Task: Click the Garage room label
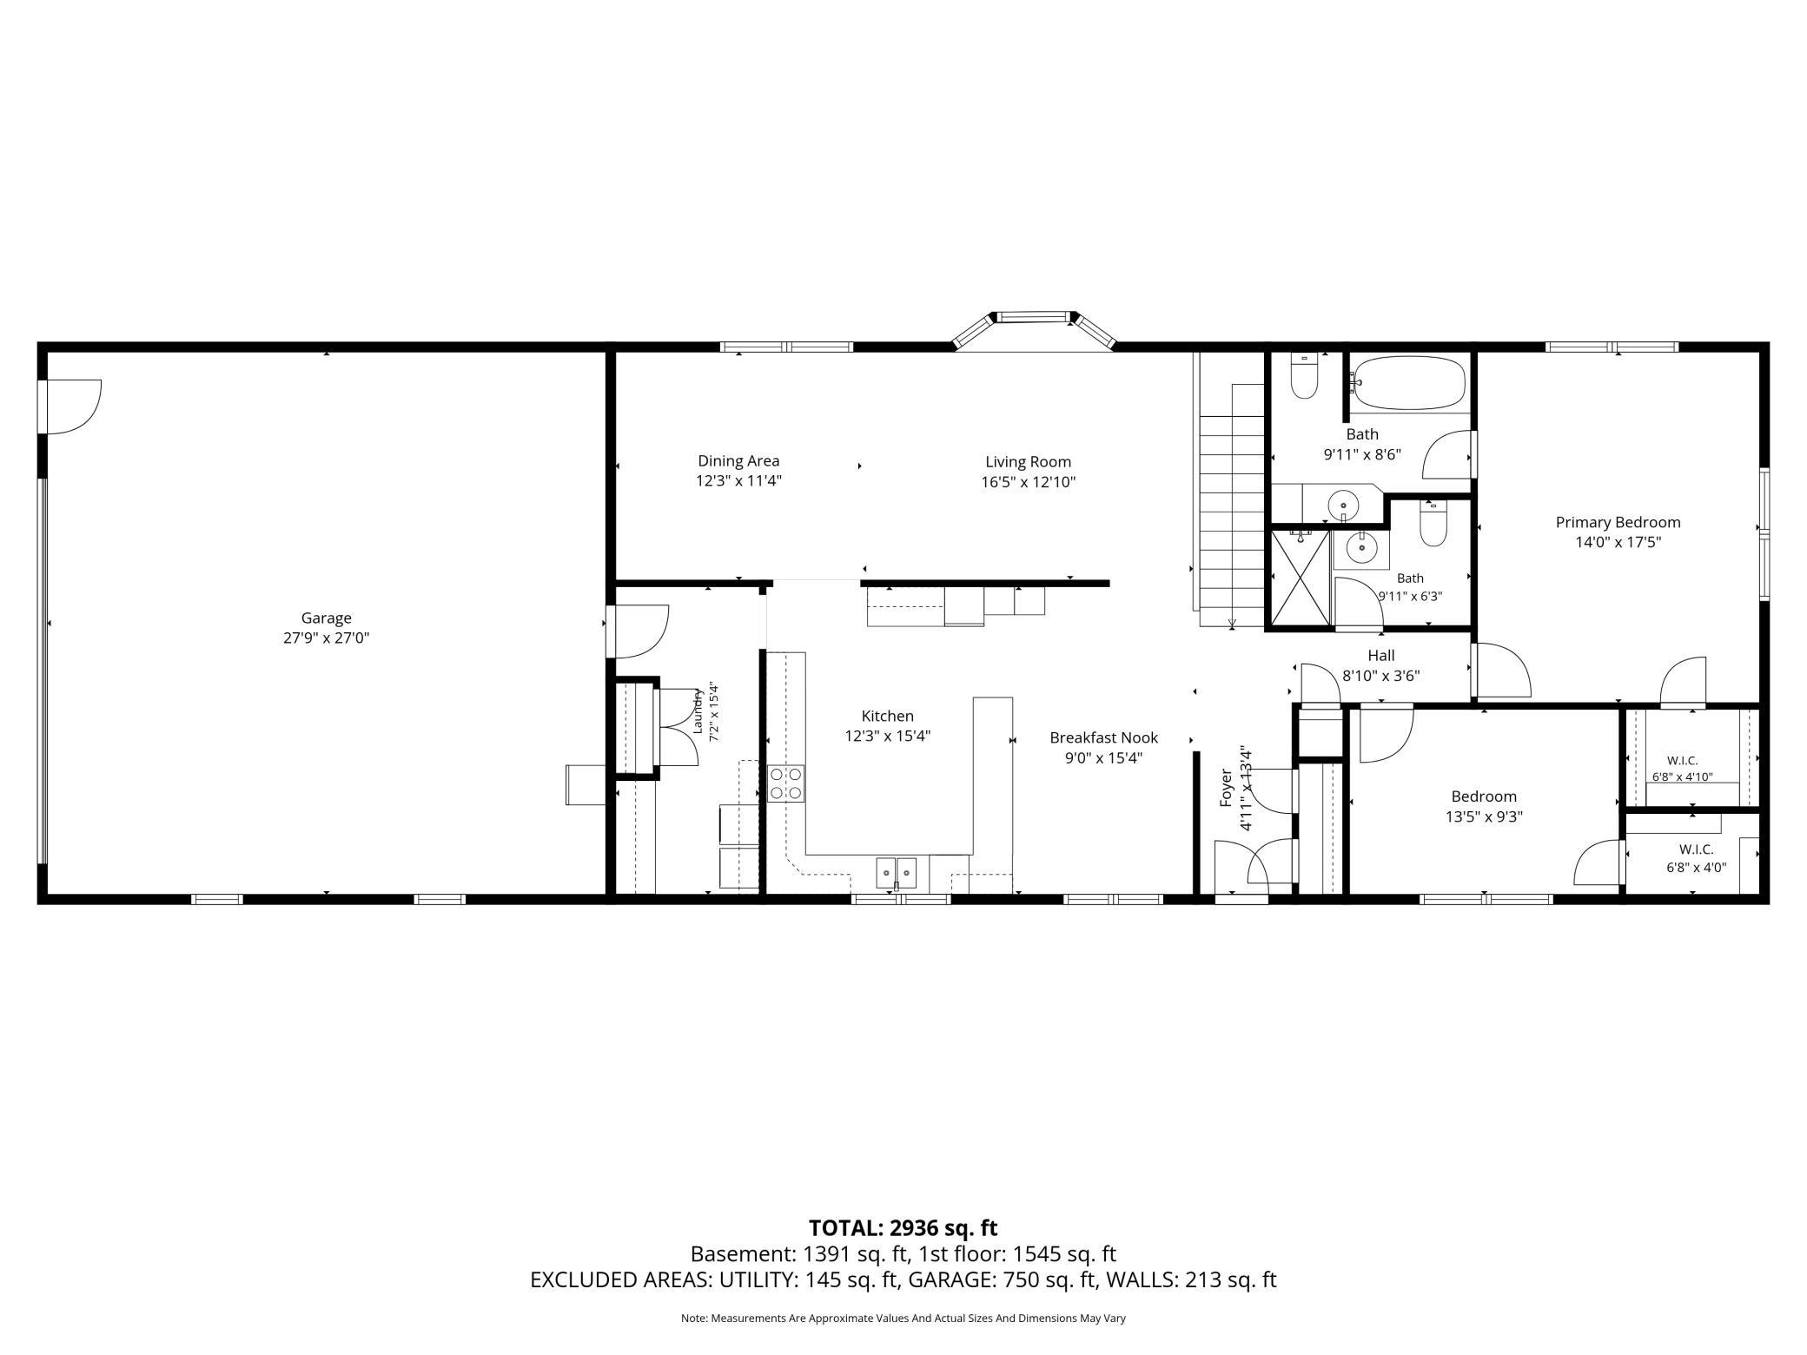point(326,618)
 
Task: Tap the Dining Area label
point(738,461)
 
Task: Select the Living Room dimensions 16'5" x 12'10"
point(1029,482)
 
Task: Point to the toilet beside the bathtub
point(1303,376)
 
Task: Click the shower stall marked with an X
point(1301,578)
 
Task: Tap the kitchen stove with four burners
point(785,783)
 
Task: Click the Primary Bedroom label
point(1618,522)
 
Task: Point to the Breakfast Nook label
point(1103,737)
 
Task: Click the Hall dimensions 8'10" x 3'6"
point(1380,676)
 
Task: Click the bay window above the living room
point(1034,329)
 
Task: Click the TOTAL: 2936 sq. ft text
point(903,1228)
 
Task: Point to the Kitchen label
point(887,717)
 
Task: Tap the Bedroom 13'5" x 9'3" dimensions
point(1484,816)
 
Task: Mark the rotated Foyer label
point(1227,788)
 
